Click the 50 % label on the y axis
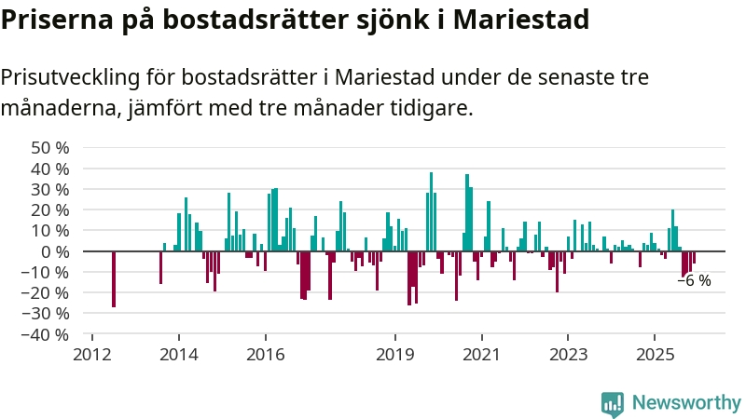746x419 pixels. tap(50, 147)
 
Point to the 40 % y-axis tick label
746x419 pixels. tap(50, 169)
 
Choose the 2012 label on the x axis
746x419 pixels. tap(91, 354)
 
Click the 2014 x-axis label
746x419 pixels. tap(178, 354)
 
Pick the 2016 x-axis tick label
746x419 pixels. tap(265, 354)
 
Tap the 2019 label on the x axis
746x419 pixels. tap(394, 354)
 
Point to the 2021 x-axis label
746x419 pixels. tap(481, 354)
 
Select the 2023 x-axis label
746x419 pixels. tap(568, 354)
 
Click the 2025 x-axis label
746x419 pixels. tap(655, 354)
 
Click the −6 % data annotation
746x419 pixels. tap(694, 280)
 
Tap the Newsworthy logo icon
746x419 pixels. tap(613, 403)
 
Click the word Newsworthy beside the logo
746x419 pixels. tap(686, 403)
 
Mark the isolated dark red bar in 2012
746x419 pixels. tap(114, 278)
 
